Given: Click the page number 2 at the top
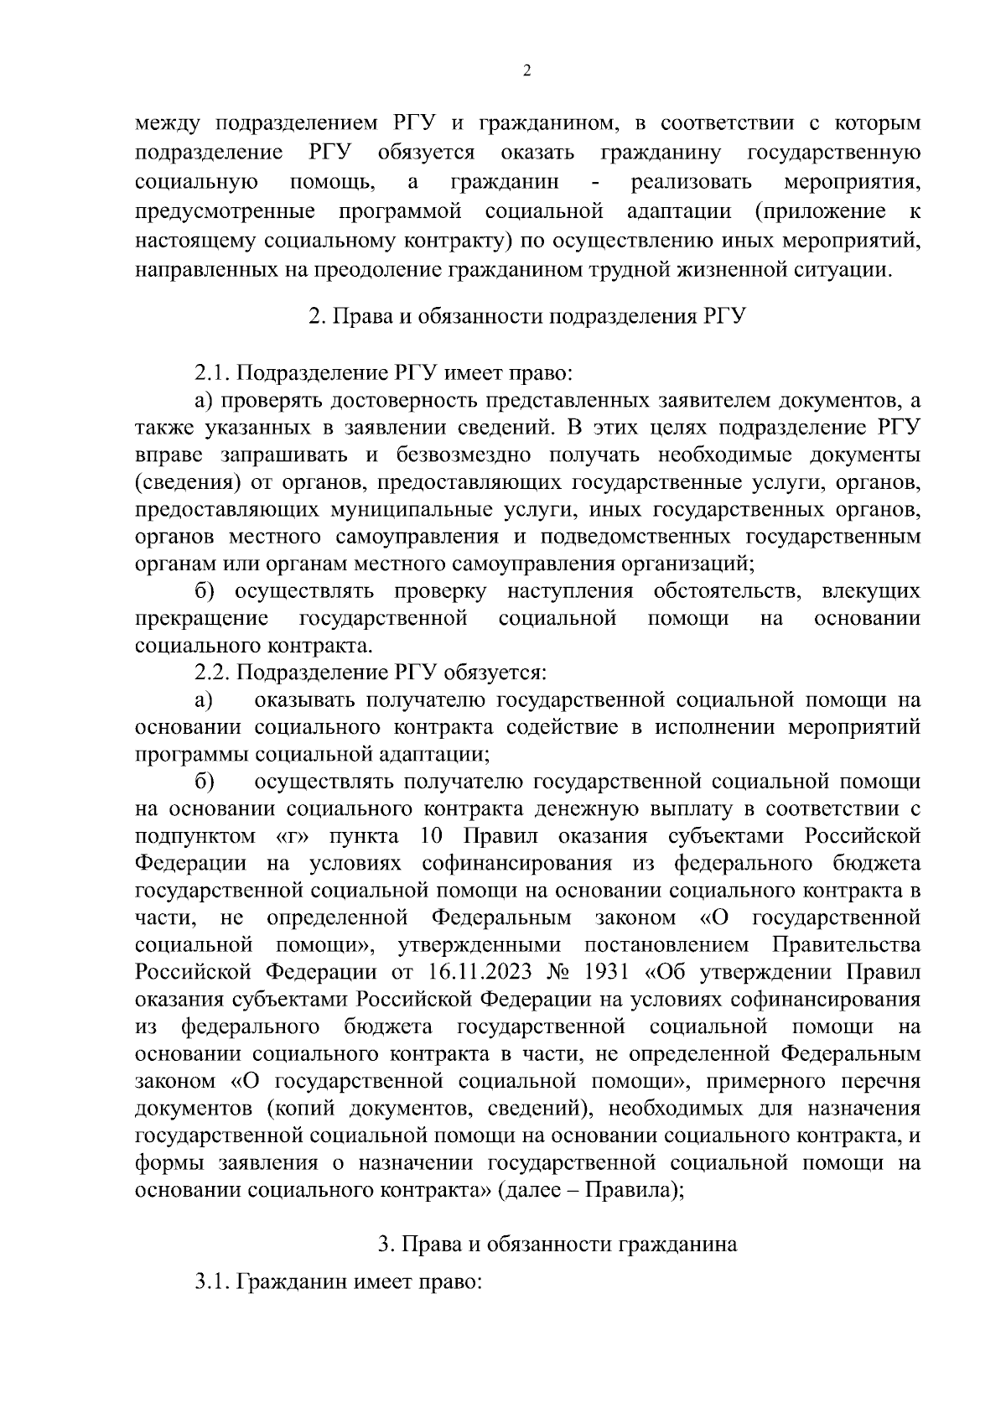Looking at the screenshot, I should tap(526, 71).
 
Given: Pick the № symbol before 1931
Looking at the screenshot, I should tap(559, 973).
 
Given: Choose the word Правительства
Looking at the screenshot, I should tap(845, 945).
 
